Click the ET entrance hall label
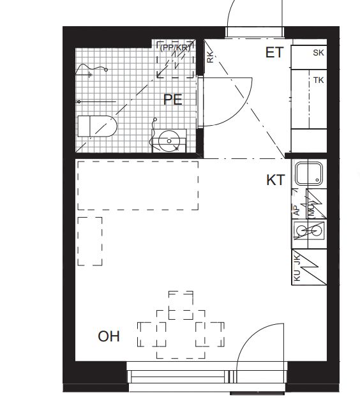click(274, 52)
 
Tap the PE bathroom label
click(172, 100)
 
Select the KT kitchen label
click(275, 181)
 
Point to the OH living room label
click(109, 336)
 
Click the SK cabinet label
click(319, 53)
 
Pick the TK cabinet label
click(319, 80)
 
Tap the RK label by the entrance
click(210, 57)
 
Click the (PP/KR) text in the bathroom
click(175, 48)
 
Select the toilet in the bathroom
click(97, 126)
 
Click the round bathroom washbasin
click(169, 141)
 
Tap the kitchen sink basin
click(308, 174)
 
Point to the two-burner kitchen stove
click(309, 230)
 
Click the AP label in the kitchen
click(297, 210)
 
